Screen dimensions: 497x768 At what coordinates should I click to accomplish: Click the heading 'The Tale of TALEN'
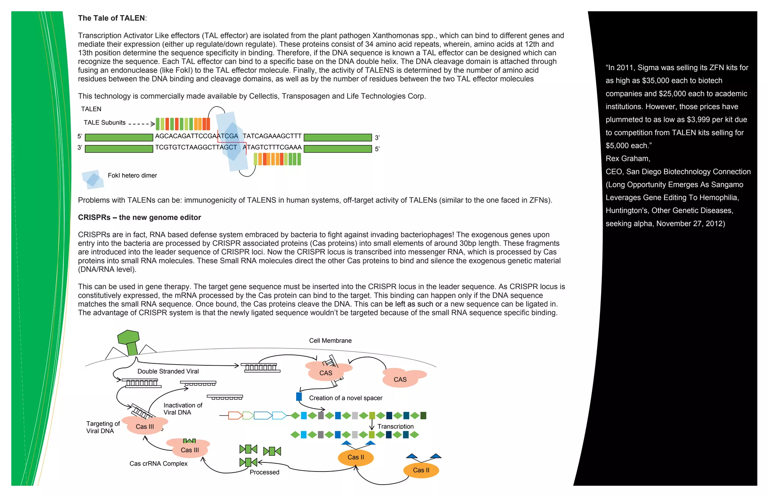[x=111, y=18]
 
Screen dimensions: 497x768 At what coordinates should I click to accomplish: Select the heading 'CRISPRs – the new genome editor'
[x=139, y=218]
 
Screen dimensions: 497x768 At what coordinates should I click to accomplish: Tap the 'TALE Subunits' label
[x=105, y=123]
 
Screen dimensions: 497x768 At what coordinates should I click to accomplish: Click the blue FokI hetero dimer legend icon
[x=93, y=179]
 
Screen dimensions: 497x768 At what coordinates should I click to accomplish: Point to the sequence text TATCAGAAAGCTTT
[x=272, y=136]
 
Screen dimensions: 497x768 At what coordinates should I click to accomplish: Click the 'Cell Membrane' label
[x=330, y=341]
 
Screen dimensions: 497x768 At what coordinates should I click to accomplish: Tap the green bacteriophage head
[x=128, y=337]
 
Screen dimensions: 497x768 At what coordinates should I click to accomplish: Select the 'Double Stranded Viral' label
[x=168, y=371]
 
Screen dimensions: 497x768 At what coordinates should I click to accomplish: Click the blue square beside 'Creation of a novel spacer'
[x=299, y=396]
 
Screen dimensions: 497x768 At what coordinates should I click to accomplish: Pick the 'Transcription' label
[x=395, y=426]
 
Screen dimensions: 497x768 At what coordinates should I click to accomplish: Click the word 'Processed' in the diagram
[x=264, y=472]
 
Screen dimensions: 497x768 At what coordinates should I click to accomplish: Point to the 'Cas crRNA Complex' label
[x=158, y=464]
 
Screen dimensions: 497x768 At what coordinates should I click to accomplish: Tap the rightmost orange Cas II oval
[x=421, y=470]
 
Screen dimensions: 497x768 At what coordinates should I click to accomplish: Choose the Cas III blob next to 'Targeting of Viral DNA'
[x=145, y=426]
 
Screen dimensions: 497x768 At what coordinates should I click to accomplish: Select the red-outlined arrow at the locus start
[x=235, y=415]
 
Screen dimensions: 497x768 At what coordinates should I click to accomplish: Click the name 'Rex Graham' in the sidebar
[x=627, y=159]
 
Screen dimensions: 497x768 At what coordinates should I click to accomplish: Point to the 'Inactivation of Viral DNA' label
[x=183, y=409]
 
